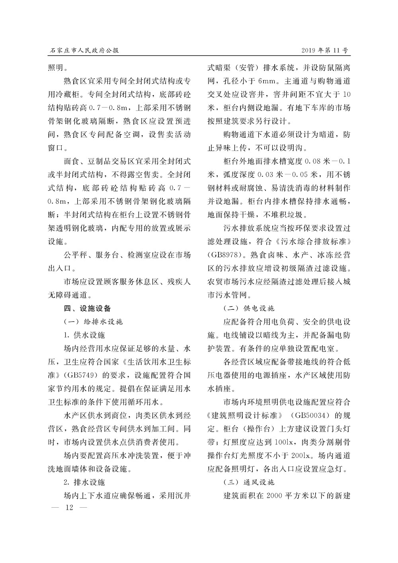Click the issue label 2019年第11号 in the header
point(325,51)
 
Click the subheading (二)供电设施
point(249,308)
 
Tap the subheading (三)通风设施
point(249,482)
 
